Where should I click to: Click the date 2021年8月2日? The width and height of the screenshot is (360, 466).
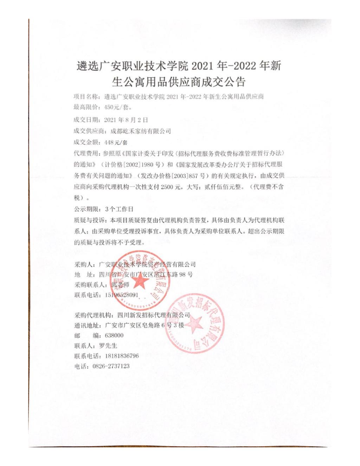(126, 120)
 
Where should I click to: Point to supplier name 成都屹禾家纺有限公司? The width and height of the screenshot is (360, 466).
(141, 131)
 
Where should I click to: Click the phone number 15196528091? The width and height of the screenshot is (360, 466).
(121, 295)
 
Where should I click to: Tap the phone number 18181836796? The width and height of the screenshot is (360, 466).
(122, 356)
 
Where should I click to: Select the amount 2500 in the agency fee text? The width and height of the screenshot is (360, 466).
(167, 187)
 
